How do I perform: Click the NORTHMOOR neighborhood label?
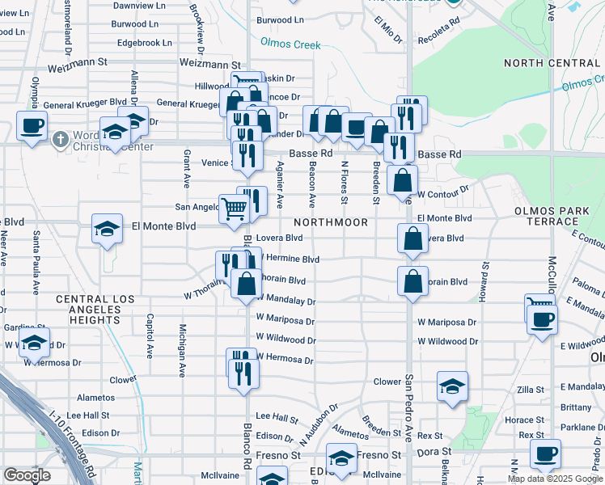pos(330,221)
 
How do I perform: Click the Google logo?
pos(27,475)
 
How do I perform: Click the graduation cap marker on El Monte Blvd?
pos(106,229)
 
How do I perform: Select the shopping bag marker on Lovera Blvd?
pos(412,239)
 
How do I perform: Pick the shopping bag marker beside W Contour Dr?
pos(402,180)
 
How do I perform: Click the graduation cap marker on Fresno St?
pos(342,458)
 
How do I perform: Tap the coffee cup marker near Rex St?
pos(545,453)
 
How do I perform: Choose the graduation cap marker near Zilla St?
pos(452,386)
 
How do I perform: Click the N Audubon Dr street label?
pos(317,425)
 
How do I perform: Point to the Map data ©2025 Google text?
pos(554,479)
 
